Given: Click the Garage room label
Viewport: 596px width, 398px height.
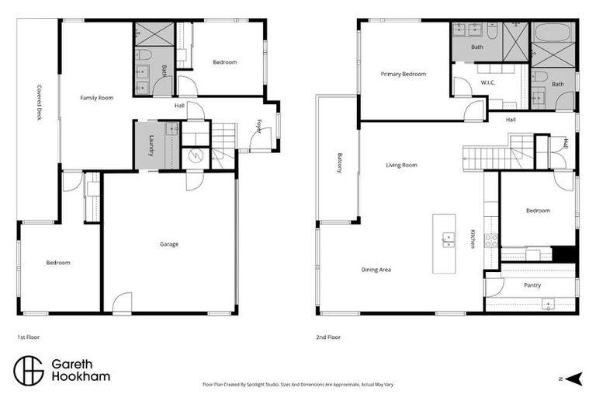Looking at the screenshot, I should [169, 244].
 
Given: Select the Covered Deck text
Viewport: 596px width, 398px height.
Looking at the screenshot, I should [38, 103].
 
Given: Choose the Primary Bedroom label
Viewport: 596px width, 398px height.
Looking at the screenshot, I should [404, 74].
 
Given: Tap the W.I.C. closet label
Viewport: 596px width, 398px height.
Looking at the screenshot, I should [488, 82].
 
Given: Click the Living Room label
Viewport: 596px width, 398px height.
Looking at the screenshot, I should [402, 165].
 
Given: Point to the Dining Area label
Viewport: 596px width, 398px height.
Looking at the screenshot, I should [376, 270].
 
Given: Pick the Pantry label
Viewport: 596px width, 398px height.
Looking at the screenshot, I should [532, 285].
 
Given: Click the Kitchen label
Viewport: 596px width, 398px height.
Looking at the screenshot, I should [473, 239].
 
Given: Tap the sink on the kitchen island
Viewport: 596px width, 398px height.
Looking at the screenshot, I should [449, 239].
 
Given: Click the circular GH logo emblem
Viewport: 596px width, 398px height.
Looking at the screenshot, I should [29, 371].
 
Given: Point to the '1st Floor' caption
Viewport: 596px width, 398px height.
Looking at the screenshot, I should [29, 338].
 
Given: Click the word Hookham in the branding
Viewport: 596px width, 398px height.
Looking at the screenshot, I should [81, 377].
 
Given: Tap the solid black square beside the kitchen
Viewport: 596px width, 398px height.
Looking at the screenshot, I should [565, 253].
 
